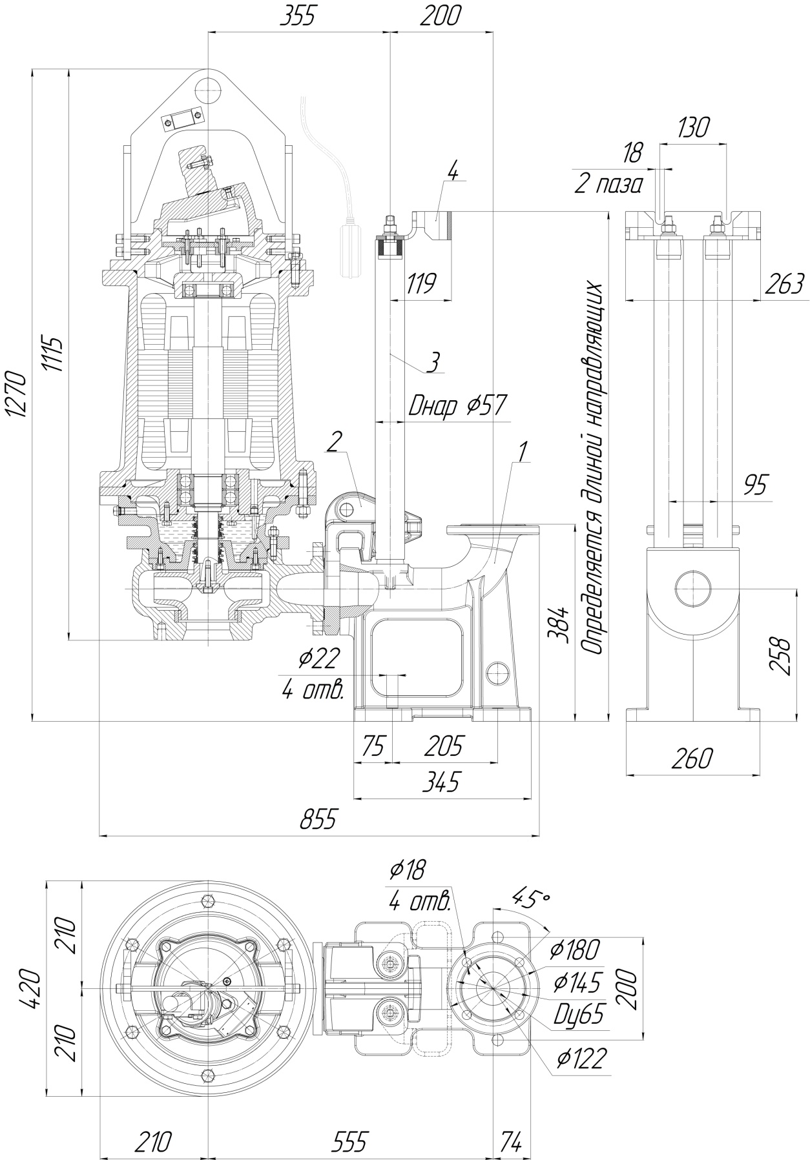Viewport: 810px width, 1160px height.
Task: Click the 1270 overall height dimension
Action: pyautogui.click(x=17, y=395)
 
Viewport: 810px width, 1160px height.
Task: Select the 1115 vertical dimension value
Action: pyautogui.click(x=54, y=354)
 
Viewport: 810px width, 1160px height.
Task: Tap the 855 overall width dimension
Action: pyautogui.click(x=318, y=820)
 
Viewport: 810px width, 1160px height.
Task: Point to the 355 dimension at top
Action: pyautogui.click(x=299, y=16)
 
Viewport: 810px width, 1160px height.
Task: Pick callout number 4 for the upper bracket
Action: pyautogui.click(x=452, y=172)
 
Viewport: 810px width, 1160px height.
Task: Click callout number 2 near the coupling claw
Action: pyautogui.click(x=334, y=442)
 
